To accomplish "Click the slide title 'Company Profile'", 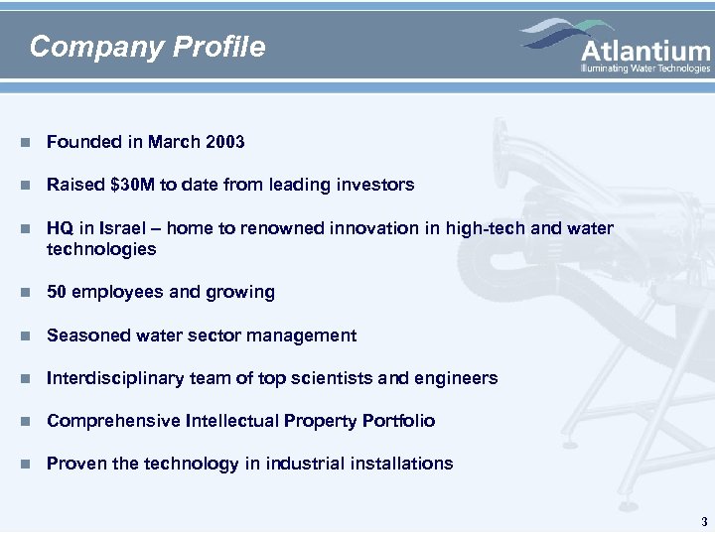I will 148,47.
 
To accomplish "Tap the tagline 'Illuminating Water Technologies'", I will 645,68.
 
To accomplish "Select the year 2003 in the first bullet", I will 224,142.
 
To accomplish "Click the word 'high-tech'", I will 482,228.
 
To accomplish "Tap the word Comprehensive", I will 113,421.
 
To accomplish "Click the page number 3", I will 703,521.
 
